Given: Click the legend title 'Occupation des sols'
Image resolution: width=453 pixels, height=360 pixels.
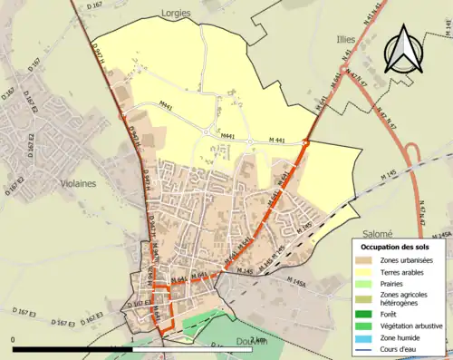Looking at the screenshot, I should [x=396, y=246].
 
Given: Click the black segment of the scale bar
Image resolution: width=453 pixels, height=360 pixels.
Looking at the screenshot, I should [x=72, y=347].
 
